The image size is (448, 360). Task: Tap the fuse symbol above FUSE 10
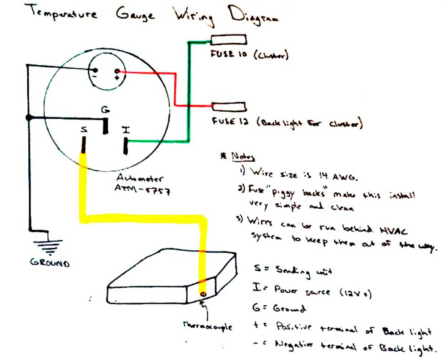(228, 40)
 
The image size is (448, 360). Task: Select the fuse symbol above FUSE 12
(228, 107)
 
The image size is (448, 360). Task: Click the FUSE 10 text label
(226, 56)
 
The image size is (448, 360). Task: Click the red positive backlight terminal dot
(117, 71)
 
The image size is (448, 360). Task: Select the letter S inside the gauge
(84, 130)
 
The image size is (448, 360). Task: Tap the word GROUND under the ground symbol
(50, 263)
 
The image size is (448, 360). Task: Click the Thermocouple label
(207, 326)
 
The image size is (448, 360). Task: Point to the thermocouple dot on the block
(204, 294)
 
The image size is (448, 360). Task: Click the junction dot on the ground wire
(29, 118)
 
